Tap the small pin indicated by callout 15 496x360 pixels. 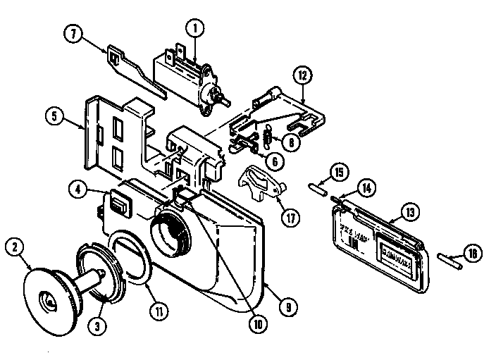coord(316,187)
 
